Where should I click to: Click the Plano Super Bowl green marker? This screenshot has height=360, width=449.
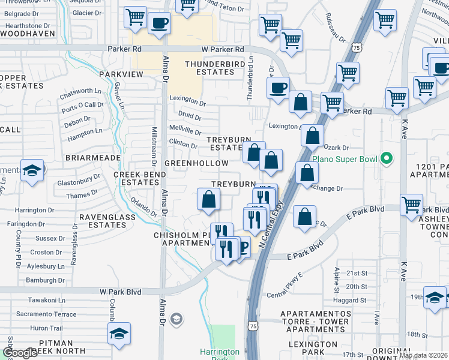click(x=387, y=159)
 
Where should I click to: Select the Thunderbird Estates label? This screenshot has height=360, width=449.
click(x=209, y=68)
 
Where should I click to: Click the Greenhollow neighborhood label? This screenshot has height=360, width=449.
click(x=196, y=163)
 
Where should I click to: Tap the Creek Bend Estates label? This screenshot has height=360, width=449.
click(x=136, y=178)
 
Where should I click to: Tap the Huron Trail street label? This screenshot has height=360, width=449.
click(x=46, y=328)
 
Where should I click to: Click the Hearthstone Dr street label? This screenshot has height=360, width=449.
click(x=28, y=26)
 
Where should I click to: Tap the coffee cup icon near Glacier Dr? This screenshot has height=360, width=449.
click(x=159, y=25)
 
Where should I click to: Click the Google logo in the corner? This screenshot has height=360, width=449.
click(x=20, y=353)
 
